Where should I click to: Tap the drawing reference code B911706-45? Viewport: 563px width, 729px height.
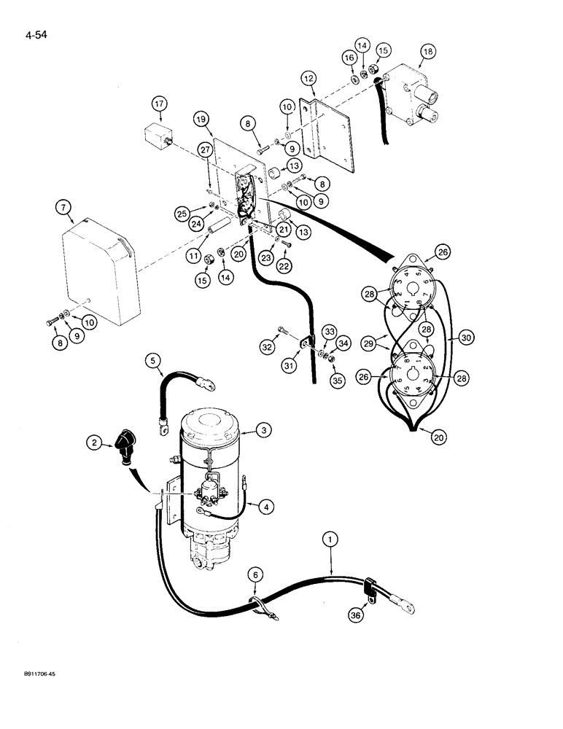36,675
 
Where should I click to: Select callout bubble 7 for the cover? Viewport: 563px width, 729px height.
63,209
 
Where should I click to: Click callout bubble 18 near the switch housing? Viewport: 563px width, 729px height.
427,52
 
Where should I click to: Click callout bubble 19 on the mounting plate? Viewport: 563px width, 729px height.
202,118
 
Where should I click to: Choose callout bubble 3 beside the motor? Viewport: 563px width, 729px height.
265,431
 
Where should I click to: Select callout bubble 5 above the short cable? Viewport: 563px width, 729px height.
152,359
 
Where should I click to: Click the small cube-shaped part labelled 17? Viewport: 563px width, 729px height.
154,136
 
